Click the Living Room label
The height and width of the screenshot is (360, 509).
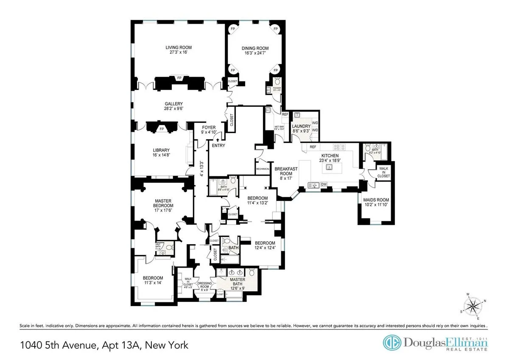[x=176, y=47]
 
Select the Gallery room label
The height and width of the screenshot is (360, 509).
[x=174, y=104]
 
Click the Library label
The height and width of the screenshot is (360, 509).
[x=161, y=150]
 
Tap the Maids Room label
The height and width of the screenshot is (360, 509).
[x=376, y=200]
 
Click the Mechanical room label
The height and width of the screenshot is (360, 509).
[x=263, y=169]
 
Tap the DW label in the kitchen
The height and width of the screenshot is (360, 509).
[x=324, y=184]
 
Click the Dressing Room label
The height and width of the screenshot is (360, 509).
[x=204, y=284]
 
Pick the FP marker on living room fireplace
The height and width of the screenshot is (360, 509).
[x=179, y=78]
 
